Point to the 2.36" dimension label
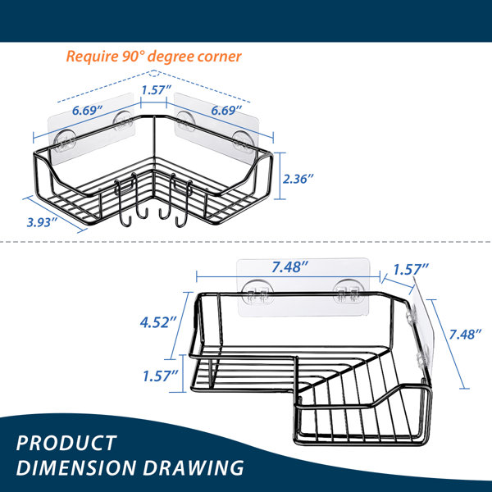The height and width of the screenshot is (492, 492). (x=298, y=179)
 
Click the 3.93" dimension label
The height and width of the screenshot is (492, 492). (x=42, y=222)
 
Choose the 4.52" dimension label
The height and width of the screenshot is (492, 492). (x=158, y=322)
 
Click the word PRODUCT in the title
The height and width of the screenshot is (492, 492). (x=66, y=443)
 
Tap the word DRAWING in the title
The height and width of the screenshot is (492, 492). (x=194, y=467)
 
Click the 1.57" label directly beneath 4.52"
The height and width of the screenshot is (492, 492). (x=161, y=376)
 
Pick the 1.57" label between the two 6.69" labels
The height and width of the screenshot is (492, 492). (x=156, y=90)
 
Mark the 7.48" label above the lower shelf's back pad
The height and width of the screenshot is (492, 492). (x=290, y=267)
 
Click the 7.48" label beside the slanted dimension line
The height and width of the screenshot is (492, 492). (x=465, y=335)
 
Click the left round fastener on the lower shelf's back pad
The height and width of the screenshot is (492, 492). (x=257, y=292)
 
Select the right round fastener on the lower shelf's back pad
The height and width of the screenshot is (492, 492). (x=348, y=292)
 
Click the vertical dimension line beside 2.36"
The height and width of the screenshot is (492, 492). (x=280, y=175)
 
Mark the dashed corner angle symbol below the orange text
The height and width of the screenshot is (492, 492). (x=153, y=74)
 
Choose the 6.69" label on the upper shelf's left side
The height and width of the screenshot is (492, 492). (x=87, y=110)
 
